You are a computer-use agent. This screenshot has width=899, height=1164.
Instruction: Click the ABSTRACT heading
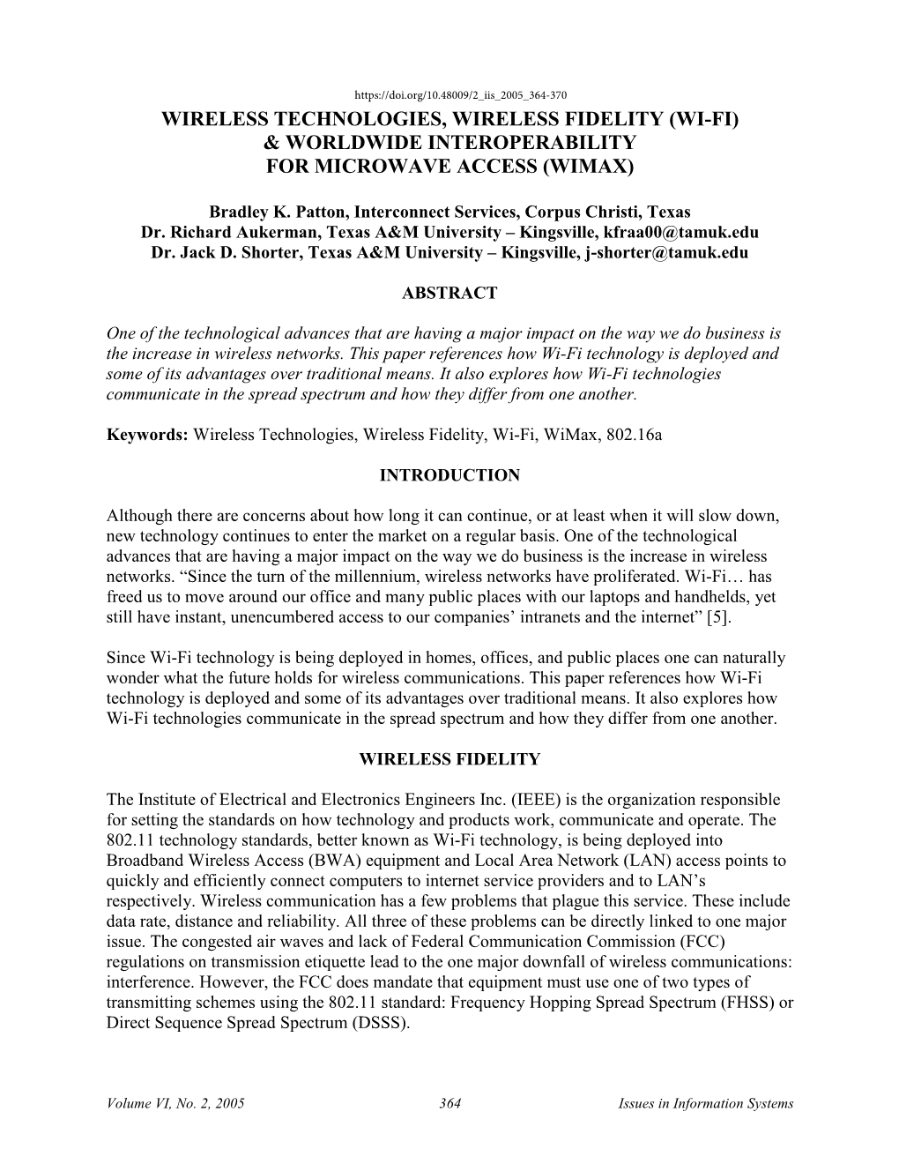449,294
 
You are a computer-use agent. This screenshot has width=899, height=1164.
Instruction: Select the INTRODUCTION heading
449,475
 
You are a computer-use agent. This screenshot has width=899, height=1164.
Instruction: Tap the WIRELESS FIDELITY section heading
449,759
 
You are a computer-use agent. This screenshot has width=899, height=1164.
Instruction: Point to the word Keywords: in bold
147,435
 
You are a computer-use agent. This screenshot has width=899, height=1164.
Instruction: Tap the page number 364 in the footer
449,1103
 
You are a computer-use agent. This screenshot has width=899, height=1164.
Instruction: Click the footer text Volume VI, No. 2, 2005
175,1103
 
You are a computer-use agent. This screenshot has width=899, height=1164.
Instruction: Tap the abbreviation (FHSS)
748,1003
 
